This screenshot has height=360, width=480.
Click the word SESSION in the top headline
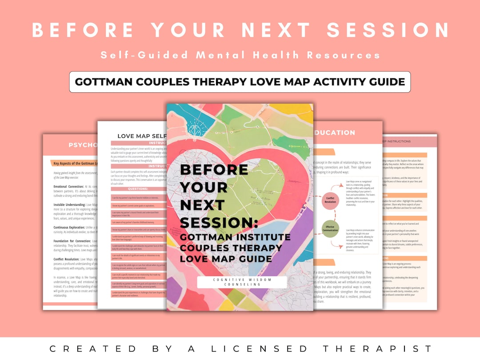pyautogui.click(x=388, y=30)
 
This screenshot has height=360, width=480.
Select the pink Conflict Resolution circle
pyautogui.click(x=331, y=201)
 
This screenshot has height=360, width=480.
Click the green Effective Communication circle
pyautogui.click(x=331, y=229)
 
